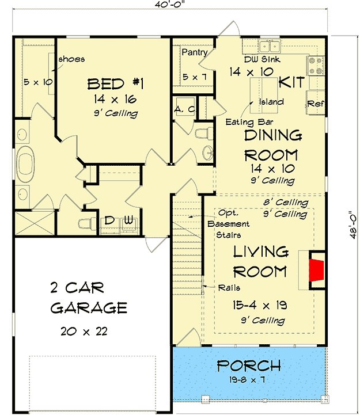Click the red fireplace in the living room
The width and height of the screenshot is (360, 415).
[x=316, y=269]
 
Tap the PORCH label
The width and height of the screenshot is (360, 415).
[x=249, y=365]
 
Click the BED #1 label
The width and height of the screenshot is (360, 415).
[x=115, y=85]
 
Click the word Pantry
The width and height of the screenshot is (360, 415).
[x=194, y=52]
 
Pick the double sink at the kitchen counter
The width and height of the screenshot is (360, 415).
[x=269, y=47]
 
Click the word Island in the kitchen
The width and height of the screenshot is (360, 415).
[x=271, y=102]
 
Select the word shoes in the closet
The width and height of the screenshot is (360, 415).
[x=73, y=59]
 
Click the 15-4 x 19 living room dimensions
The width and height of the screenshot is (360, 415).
[x=260, y=305]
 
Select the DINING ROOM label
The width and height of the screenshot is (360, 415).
[x=272, y=145]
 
